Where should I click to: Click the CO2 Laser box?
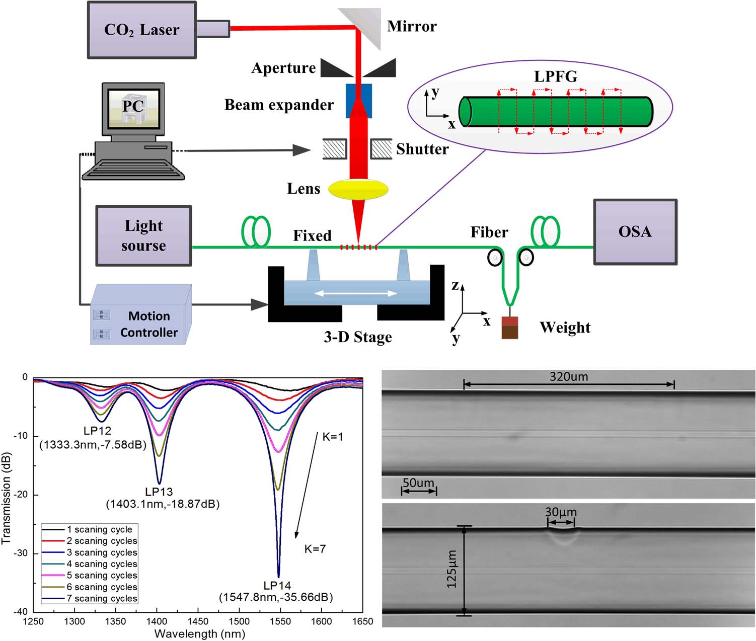pos(141,30)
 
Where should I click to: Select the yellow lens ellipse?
pos(358,189)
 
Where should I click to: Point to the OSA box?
pos(635,231)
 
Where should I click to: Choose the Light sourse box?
pos(143,235)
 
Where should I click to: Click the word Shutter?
pos(422,149)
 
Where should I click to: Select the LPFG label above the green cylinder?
pos(556,76)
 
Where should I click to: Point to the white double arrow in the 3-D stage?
pos(356,293)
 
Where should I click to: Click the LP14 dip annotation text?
pos(277,586)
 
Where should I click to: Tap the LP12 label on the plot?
pos(97,431)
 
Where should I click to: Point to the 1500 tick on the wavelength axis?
pos(239,621)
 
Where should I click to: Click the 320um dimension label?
pos(569,376)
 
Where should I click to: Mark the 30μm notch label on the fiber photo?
pos(561,512)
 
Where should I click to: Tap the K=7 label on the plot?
pos(315,548)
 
